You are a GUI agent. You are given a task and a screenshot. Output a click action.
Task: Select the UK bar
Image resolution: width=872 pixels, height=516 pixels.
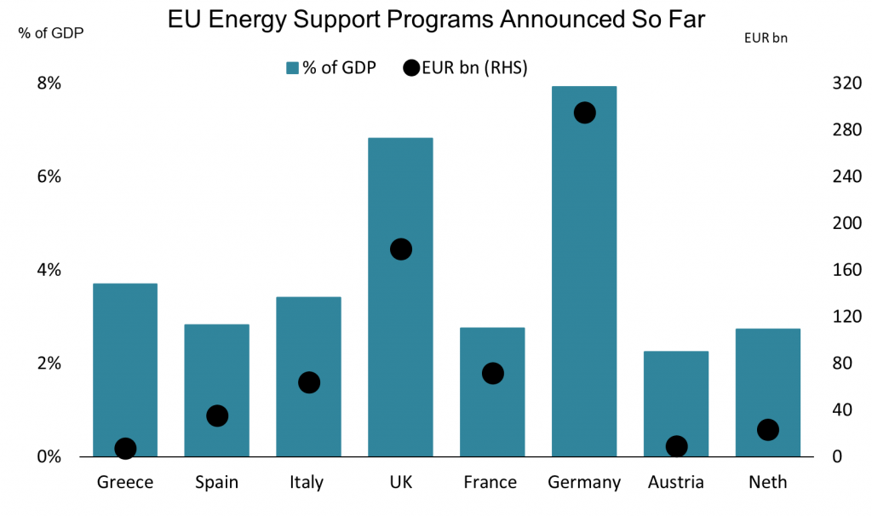400,341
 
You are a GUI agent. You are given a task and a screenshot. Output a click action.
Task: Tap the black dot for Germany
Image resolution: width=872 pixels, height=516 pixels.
584,112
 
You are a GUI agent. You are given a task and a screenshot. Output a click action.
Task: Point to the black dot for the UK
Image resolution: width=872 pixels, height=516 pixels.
400,249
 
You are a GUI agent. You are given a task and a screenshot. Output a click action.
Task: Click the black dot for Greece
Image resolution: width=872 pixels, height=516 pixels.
125,449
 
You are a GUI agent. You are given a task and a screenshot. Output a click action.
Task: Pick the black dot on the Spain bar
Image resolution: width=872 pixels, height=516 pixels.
217,416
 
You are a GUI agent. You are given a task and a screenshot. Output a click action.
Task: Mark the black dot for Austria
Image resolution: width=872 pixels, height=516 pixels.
676,446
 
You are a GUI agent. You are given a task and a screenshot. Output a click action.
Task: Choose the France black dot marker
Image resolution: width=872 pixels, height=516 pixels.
492,373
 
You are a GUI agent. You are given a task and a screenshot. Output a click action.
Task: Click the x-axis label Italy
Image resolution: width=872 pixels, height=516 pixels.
307,483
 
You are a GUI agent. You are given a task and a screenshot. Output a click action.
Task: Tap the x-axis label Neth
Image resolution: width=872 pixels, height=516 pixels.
767,483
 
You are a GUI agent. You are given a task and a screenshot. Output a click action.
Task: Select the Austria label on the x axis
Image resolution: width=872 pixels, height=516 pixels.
676,483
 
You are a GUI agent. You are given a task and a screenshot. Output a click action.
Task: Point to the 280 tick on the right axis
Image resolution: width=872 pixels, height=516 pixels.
824,130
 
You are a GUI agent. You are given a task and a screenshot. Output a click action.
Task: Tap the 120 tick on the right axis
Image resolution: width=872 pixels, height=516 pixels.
824,317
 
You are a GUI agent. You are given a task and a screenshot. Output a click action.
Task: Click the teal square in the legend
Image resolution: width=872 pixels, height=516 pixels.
292,68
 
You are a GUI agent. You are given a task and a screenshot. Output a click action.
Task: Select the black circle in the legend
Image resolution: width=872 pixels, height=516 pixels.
410,68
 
